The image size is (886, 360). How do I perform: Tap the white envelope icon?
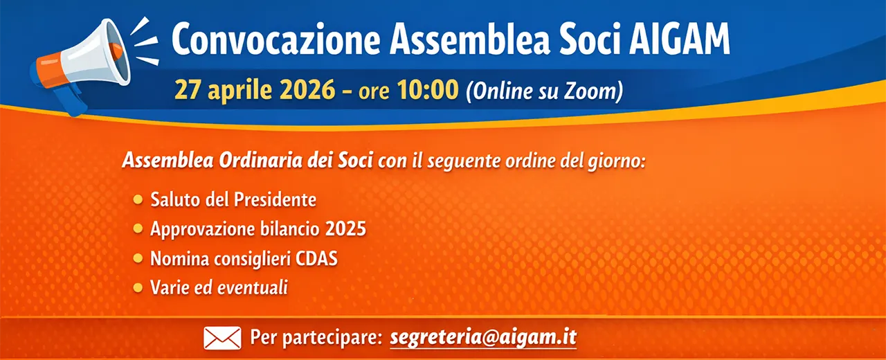pyautogui.click(x=222, y=338)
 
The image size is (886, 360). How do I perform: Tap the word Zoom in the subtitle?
pyautogui.click(x=591, y=91)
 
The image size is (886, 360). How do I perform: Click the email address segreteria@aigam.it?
pyautogui.click(x=483, y=337)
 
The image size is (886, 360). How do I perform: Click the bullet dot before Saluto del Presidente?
pyautogui.click(x=138, y=200)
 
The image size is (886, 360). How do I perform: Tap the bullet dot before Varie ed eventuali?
pyautogui.click(x=138, y=287)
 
